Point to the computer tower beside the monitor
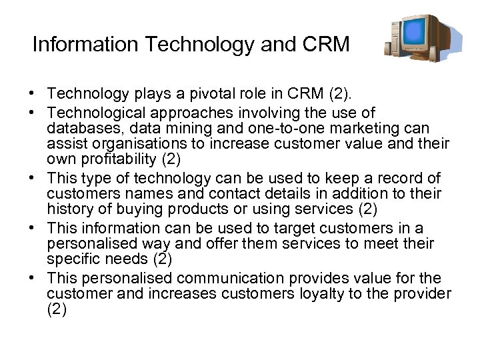394,41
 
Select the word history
71,210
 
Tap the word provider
423,293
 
